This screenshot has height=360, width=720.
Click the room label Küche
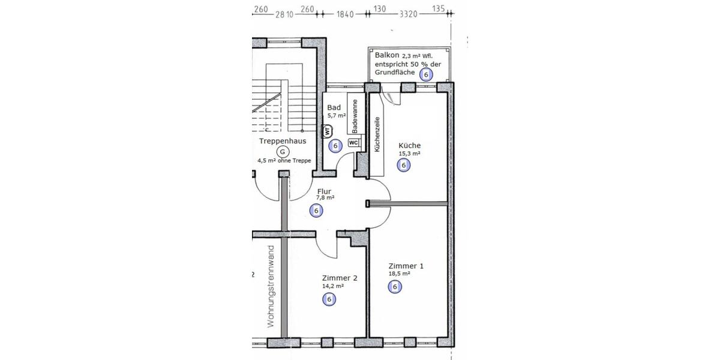click(409, 145)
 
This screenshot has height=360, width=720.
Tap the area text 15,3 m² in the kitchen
click(409, 154)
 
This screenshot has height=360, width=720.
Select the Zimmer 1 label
click(406, 266)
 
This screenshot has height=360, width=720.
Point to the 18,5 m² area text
click(399, 274)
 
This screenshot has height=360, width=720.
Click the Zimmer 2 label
click(340, 278)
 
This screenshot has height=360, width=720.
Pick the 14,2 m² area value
click(333, 286)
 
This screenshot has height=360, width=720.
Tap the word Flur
click(324, 192)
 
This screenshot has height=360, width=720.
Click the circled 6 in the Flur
click(316, 211)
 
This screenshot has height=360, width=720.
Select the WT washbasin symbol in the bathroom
click(328, 130)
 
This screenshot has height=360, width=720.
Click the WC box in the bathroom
click(353, 143)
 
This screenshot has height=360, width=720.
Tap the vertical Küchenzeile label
click(377, 135)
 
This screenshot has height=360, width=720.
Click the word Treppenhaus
click(283, 141)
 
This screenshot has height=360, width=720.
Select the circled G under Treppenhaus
click(283, 152)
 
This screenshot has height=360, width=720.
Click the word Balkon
click(387, 55)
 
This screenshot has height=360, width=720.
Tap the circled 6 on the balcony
click(426, 74)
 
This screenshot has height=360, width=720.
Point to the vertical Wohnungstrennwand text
click(271, 286)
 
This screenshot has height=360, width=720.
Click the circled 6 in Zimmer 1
click(395, 287)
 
